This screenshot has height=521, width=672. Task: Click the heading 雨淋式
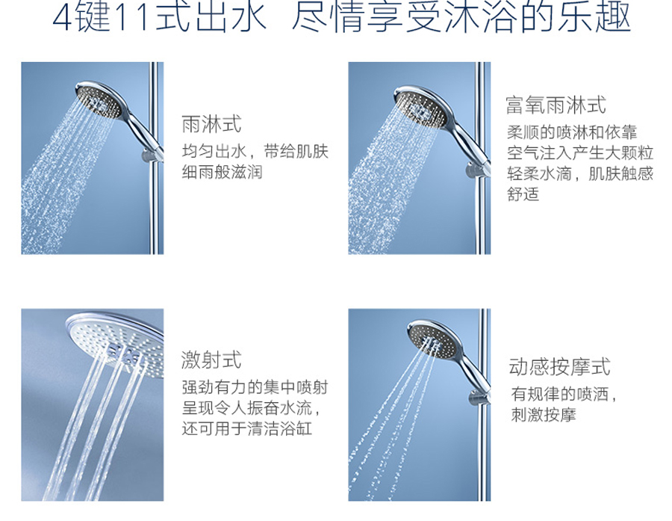click(x=212, y=124)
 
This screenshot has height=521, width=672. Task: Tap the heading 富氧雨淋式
click(x=556, y=105)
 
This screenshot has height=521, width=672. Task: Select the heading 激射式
click(x=211, y=360)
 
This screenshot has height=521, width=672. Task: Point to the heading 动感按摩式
click(x=559, y=367)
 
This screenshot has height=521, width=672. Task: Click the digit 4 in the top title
click(x=61, y=18)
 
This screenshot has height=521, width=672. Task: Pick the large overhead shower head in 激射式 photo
click(x=116, y=343)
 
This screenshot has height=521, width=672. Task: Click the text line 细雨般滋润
click(x=222, y=172)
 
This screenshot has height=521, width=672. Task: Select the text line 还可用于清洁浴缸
click(x=247, y=429)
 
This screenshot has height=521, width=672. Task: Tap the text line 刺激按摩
click(x=544, y=415)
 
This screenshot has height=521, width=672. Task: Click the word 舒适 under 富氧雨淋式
click(x=523, y=194)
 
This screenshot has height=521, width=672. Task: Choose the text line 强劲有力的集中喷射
click(x=255, y=387)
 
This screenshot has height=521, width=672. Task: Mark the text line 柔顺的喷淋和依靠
click(x=572, y=132)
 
